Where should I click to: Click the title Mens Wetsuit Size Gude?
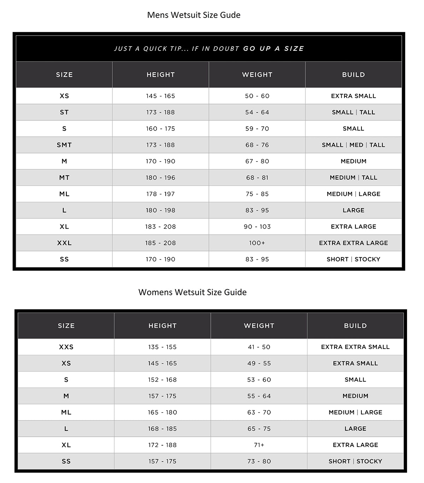point(194,15)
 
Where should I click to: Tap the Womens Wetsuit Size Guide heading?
point(192,292)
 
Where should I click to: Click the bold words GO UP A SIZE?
point(273,49)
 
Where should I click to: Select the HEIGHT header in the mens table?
point(161,75)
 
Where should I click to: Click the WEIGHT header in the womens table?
point(259,326)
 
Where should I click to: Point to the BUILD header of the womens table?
point(355,326)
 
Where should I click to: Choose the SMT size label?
point(64,145)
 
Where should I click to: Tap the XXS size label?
point(66,347)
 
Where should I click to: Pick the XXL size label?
point(64,243)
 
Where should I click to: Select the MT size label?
point(64,177)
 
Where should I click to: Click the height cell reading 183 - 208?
point(160,227)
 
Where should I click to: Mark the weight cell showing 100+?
point(257,243)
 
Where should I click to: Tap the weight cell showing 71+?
point(259,445)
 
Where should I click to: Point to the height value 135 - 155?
point(162,347)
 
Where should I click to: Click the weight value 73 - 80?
point(259,461)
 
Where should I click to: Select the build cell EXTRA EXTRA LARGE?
point(353,243)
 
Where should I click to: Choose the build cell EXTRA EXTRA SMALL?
point(355,347)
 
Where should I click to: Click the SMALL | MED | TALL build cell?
point(353,145)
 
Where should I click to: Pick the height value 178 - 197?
point(160,194)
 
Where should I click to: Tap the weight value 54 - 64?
point(257,112)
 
